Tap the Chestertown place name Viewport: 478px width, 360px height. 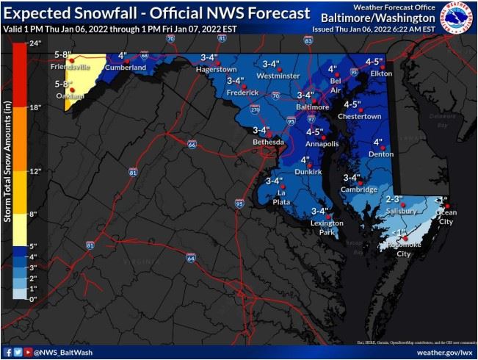coord(360,116)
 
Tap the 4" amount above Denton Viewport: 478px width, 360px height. coord(378,142)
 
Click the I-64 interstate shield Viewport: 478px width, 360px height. coord(190,258)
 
